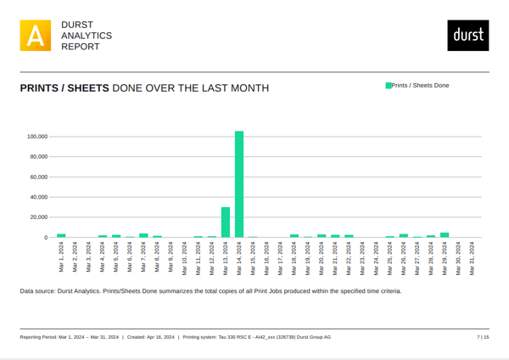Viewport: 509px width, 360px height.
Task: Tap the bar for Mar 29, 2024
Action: tap(445, 235)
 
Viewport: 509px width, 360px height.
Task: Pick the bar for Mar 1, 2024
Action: tap(61, 235)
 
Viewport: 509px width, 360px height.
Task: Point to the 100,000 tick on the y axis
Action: tap(36, 137)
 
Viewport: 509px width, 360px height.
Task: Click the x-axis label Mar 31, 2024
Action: tap(473, 258)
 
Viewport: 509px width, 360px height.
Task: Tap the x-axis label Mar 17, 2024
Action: tap(281, 258)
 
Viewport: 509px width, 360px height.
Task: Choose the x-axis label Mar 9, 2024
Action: tap(171, 257)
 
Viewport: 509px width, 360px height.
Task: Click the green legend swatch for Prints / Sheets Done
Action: tap(389, 86)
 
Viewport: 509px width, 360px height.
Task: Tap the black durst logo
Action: tap(469, 36)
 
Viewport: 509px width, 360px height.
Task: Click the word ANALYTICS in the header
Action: tap(87, 37)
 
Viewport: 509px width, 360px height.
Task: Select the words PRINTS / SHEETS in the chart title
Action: tap(64, 88)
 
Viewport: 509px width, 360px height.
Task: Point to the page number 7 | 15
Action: tap(483, 338)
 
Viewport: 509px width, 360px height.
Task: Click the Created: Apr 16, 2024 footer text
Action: tap(151, 338)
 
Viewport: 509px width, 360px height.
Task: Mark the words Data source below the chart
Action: tap(36, 291)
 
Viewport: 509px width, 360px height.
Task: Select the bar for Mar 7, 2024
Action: tap(143, 235)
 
